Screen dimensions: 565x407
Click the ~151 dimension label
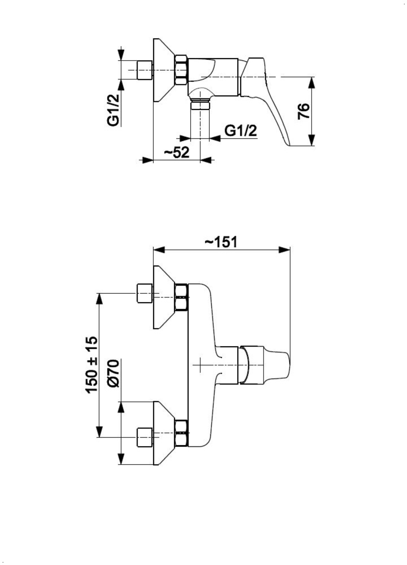221,242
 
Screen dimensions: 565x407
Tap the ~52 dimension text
177,153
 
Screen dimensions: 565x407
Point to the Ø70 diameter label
114,373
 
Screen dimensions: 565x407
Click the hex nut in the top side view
181,70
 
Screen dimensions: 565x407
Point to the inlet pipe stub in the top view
144,70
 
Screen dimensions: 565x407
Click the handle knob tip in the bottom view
281,365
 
